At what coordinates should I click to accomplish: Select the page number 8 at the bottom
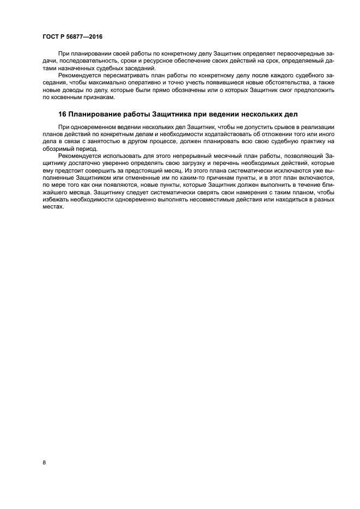(44, 463)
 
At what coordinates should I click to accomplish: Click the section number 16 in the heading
(62, 115)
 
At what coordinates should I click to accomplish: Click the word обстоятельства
(278, 83)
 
